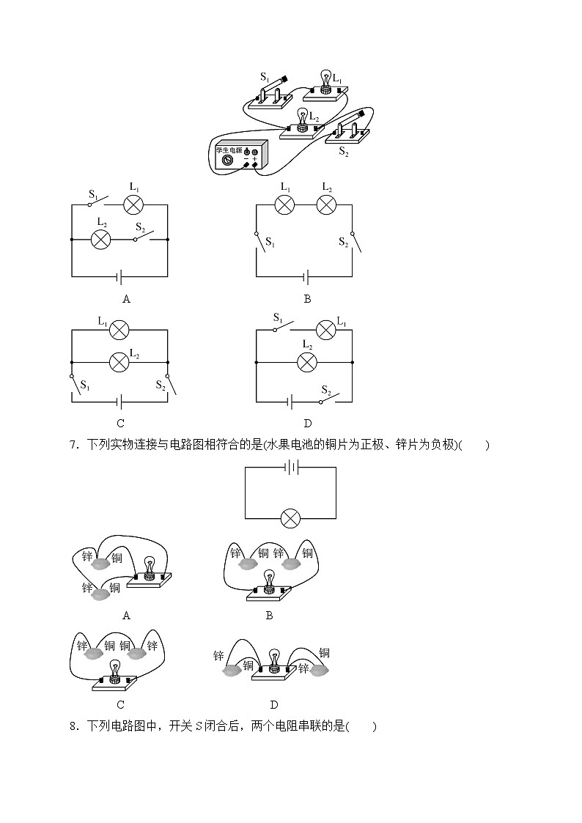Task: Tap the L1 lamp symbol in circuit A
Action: click(x=133, y=204)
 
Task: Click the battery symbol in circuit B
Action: click(x=306, y=277)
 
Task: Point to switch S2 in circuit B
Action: click(x=353, y=241)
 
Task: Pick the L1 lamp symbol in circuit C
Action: click(x=119, y=331)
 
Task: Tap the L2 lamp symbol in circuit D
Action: click(x=306, y=362)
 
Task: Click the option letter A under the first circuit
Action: click(x=126, y=299)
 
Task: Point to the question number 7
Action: click(x=73, y=445)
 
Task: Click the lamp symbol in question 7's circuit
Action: click(x=291, y=518)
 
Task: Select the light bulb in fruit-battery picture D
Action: click(x=275, y=659)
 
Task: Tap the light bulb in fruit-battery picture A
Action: click(x=150, y=567)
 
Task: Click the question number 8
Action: click(x=73, y=726)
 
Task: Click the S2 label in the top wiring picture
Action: click(x=343, y=151)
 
